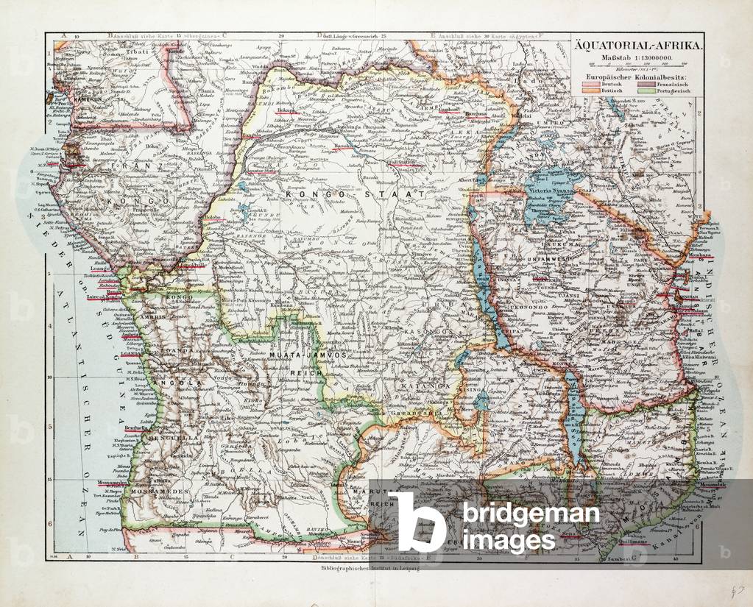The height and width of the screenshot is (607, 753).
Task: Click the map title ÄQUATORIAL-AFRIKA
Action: click(x=637, y=46)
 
